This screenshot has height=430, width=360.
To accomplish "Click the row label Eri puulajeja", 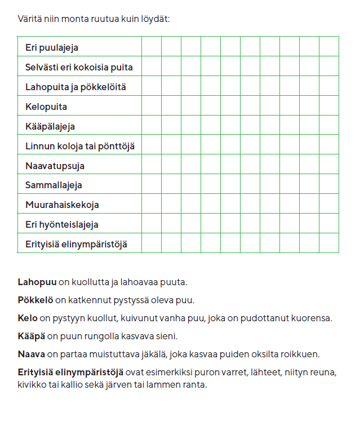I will point(52,48).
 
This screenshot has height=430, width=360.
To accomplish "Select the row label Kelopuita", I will point(46,107).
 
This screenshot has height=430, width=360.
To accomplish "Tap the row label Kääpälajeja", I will point(50,126).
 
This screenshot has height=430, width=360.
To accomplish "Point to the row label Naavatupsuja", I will point(55,166).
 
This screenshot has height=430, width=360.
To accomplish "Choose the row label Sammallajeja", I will point(54,185).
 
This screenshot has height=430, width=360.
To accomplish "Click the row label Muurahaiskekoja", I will point(62,205).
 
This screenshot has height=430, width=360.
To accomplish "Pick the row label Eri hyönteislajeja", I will point(62,224).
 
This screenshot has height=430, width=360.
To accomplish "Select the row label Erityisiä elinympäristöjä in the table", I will point(76,244).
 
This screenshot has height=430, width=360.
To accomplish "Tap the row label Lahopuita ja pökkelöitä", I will point(75,87).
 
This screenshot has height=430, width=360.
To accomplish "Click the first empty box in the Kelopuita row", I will point(152,105).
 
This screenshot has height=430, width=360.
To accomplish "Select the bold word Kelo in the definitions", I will point(27,318).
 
